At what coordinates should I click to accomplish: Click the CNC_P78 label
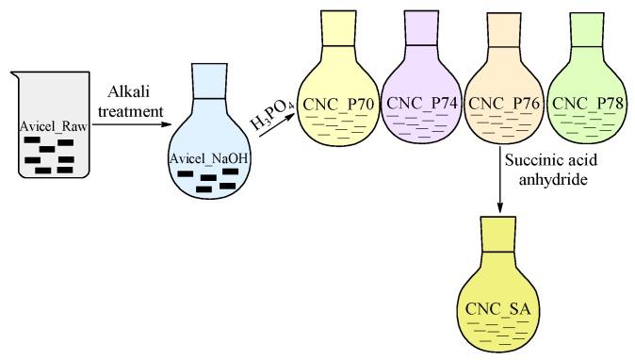point(580,103)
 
